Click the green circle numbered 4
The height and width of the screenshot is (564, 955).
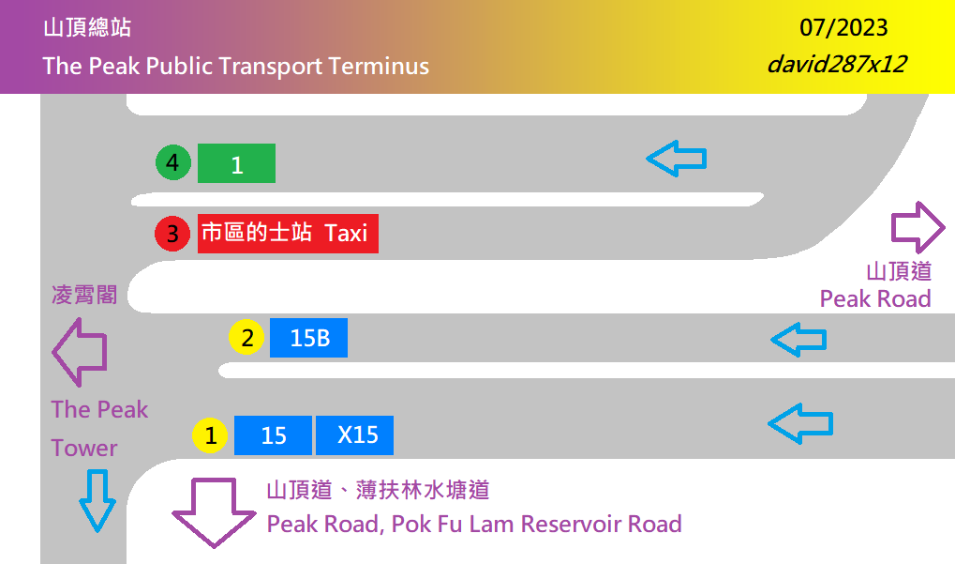172,163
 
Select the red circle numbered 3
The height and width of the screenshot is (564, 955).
172,233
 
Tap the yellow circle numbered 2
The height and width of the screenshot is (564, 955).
247,338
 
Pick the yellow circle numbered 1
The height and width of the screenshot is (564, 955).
211,435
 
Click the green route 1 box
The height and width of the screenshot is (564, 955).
236,163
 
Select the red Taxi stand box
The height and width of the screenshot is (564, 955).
288,233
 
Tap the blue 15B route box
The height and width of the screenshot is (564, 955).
308,338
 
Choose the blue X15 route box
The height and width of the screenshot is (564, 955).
354,435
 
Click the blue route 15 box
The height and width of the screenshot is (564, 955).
273,435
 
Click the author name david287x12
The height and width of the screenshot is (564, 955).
836,65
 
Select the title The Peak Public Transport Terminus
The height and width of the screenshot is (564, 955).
235,67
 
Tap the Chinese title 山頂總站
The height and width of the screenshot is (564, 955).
86,28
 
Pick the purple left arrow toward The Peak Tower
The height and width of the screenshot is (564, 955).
79,352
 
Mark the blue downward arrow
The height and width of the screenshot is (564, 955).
97,499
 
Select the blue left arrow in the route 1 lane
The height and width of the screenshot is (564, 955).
677,160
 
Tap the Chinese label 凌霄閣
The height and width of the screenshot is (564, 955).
84,296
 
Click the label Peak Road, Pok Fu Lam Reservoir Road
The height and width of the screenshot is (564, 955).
474,524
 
